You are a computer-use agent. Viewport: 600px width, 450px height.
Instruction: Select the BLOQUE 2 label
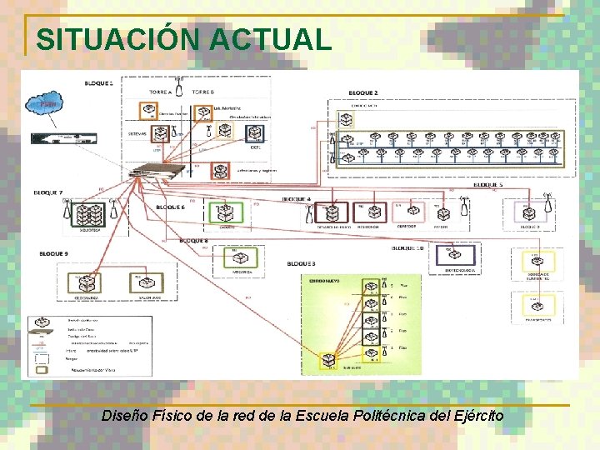[363, 92]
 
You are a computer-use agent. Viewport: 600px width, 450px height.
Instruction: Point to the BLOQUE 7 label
[48, 192]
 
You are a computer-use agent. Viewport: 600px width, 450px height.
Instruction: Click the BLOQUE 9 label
[55, 252]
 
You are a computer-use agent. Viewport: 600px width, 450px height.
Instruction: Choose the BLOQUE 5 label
[489, 184]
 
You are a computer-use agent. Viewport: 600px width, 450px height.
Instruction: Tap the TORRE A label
[160, 91]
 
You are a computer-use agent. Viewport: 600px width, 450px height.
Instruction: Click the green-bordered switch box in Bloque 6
[224, 213]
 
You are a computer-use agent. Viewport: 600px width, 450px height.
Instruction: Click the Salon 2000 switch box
[150, 284]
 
